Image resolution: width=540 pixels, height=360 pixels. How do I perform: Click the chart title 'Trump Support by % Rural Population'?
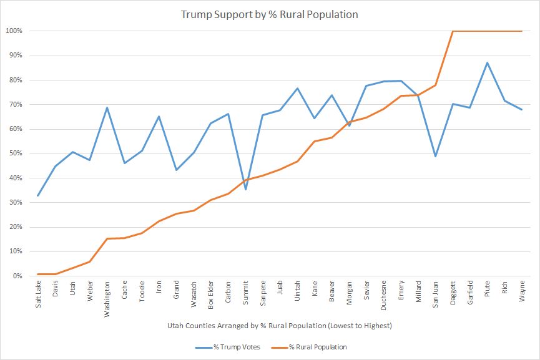point(270,14)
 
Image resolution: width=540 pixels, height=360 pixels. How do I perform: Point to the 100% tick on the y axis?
point(14,31)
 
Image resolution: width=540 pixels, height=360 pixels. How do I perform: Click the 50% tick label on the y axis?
point(16,153)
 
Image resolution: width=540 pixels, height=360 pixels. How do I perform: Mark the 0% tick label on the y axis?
point(17,276)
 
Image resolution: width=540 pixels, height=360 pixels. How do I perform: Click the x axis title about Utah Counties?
point(280,326)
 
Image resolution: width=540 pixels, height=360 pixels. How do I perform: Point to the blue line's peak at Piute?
point(488,62)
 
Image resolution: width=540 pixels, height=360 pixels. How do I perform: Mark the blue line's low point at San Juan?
point(436,156)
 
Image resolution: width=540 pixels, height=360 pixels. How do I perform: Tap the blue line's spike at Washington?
point(107,107)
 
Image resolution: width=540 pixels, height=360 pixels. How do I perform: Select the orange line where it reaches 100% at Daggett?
point(453,31)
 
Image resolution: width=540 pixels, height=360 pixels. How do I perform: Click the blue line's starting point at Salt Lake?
point(39,195)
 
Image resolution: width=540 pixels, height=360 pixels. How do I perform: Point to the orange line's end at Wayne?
point(522,31)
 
